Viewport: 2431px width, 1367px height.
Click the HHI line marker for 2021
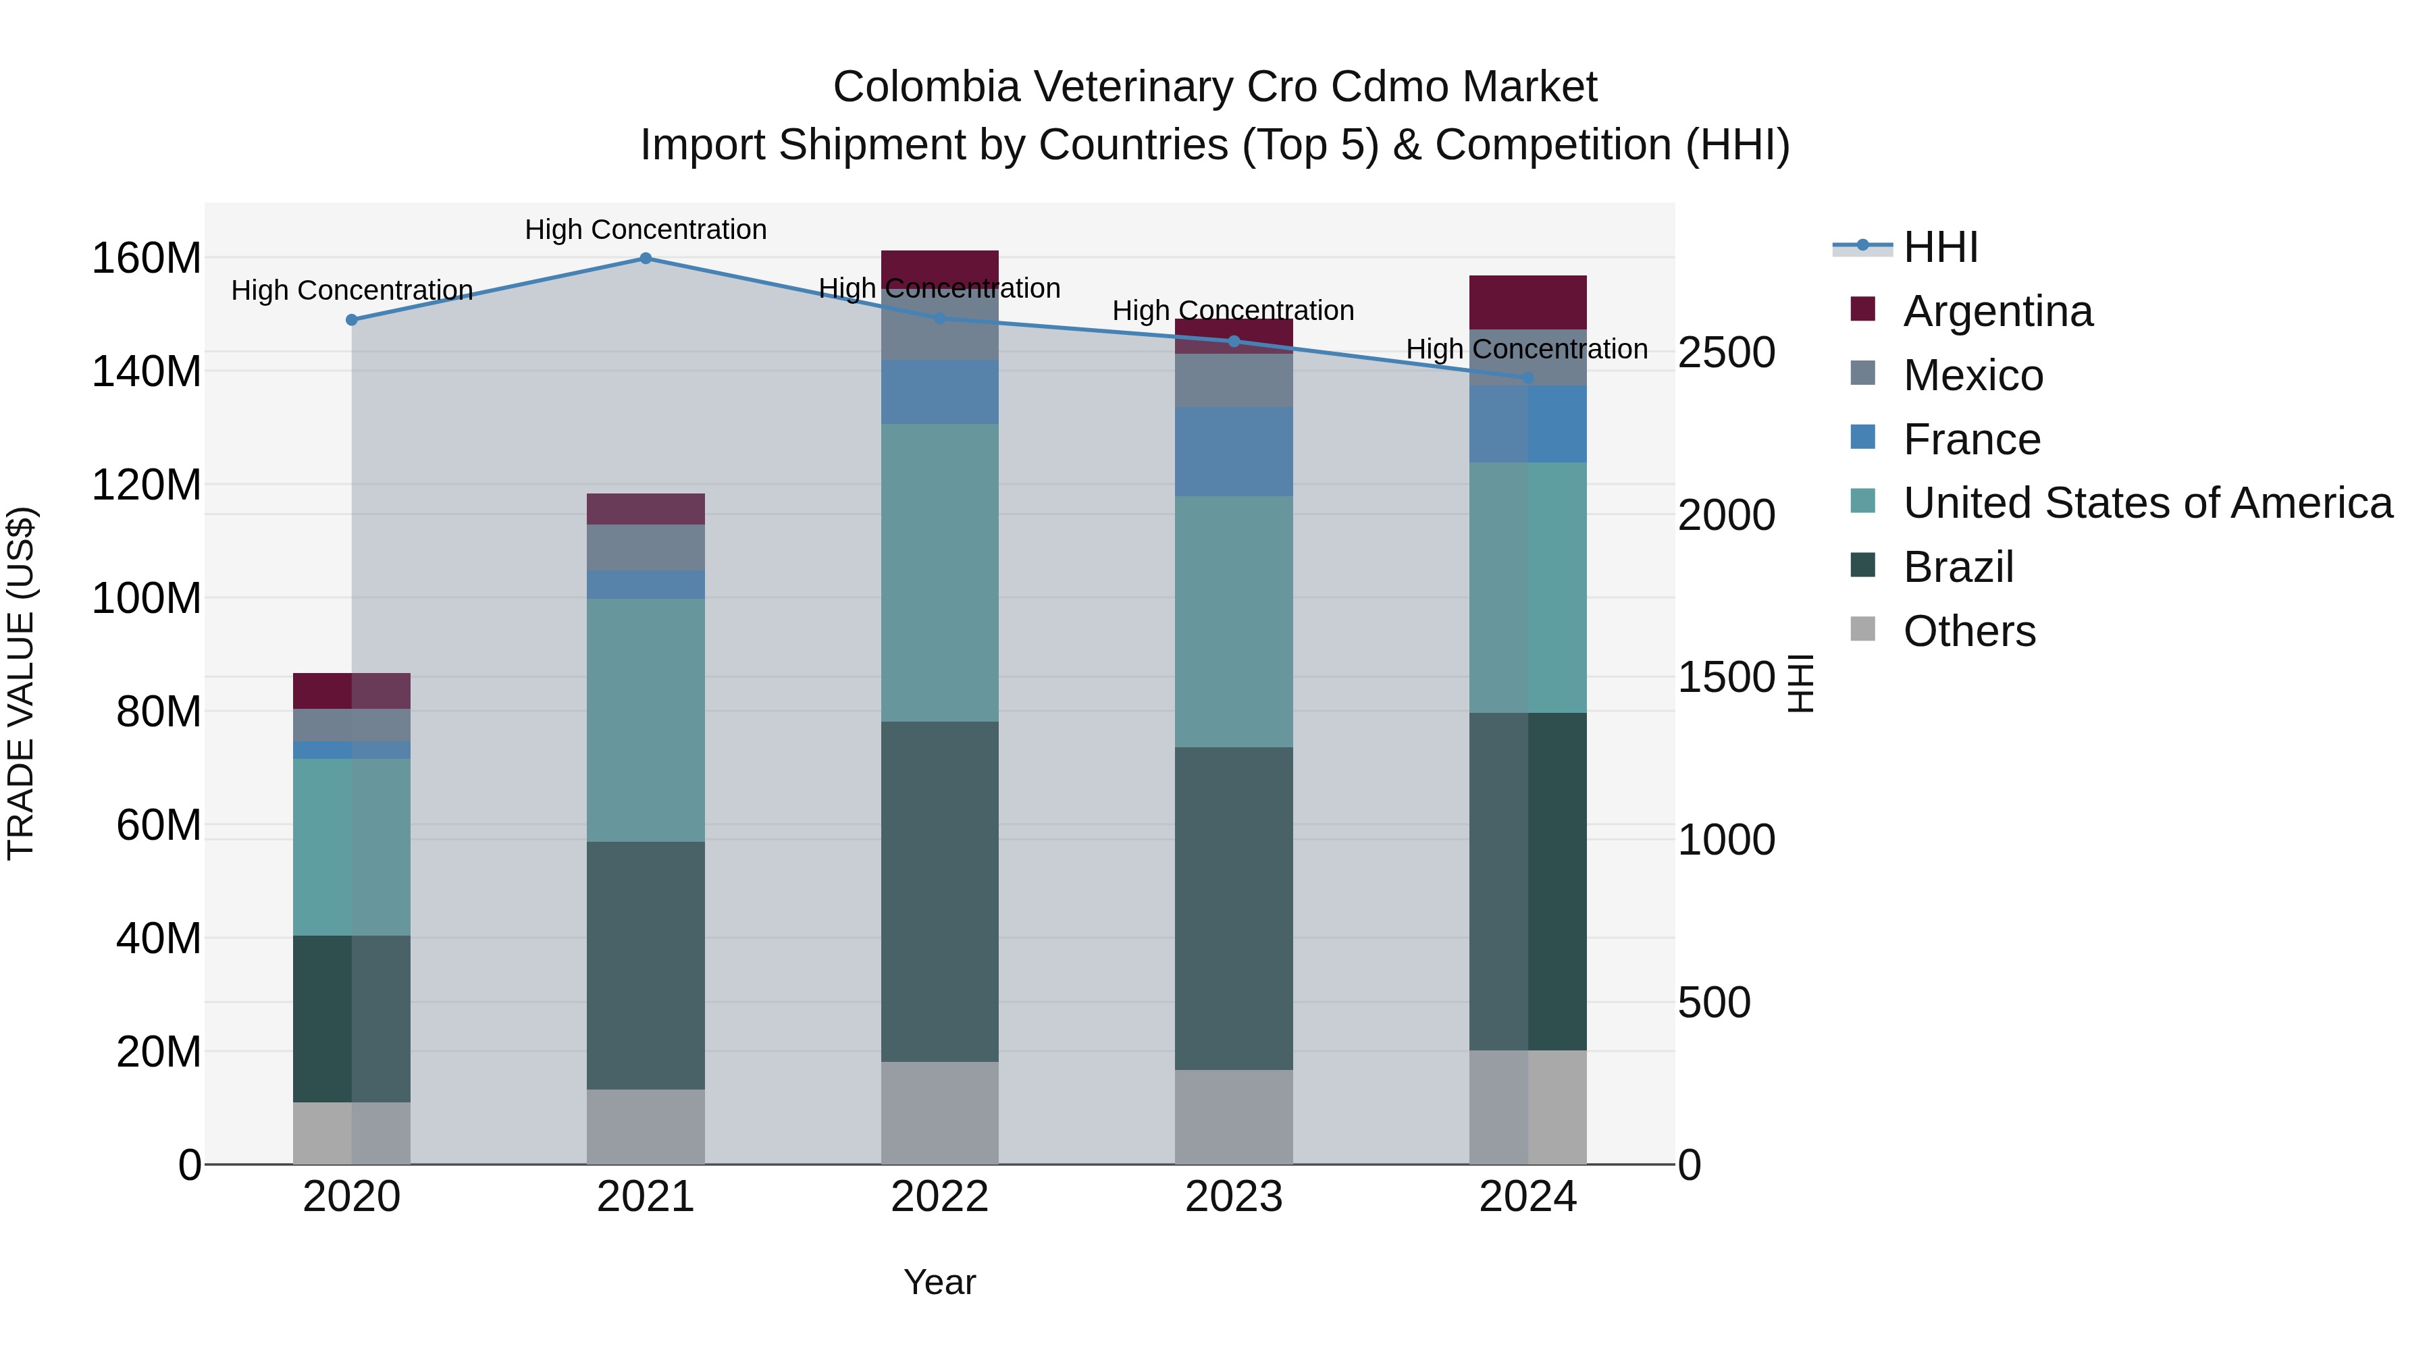pyautogui.click(x=646, y=259)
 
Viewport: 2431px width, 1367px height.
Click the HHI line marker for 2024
pyautogui.click(x=1528, y=377)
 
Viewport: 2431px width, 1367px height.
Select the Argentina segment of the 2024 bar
pyautogui.click(x=1528, y=302)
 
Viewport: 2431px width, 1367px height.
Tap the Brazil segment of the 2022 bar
pyautogui.click(x=939, y=892)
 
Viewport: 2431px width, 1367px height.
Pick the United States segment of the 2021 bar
pyautogui.click(x=646, y=720)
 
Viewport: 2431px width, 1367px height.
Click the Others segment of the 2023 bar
pyautogui.click(x=1234, y=1117)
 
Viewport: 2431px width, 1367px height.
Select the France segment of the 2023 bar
pyautogui.click(x=1234, y=452)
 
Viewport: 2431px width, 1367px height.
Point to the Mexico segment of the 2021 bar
pyautogui.click(x=646, y=547)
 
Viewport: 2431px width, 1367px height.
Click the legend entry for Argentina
pyautogui.click(x=1997, y=311)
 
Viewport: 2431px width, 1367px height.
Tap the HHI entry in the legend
pyautogui.click(x=1939, y=247)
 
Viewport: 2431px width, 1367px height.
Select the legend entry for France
pyautogui.click(x=1970, y=439)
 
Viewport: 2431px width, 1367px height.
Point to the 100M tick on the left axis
pyautogui.click(x=147, y=598)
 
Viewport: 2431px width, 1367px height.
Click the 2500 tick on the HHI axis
pyautogui.click(x=1726, y=353)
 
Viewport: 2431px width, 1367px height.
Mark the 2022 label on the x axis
pyautogui.click(x=939, y=1197)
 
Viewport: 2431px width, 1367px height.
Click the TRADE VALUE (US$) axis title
pyautogui.click(x=21, y=683)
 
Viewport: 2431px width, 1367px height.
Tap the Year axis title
pyautogui.click(x=939, y=1282)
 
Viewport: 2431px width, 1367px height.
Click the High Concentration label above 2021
pyautogui.click(x=646, y=230)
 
